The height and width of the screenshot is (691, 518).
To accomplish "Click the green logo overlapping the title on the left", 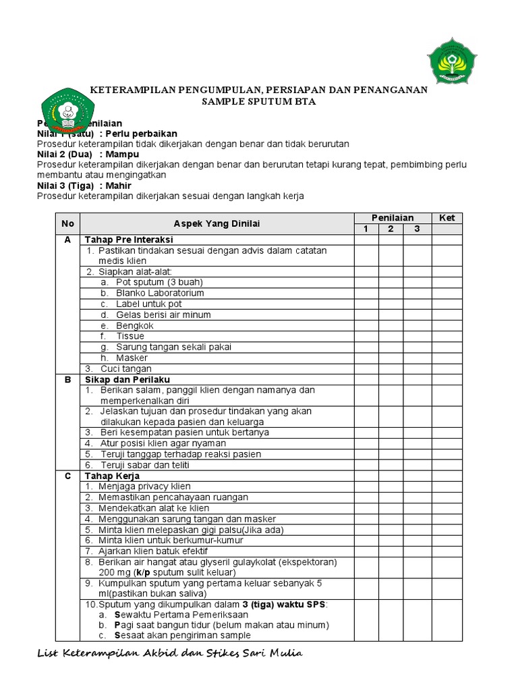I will pyautogui.click(x=68, y=111).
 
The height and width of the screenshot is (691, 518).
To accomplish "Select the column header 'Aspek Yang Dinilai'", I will pyautogui.click(x=217, y=223).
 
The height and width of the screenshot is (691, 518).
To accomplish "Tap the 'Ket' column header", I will pyautogui.click(x=447, y=218).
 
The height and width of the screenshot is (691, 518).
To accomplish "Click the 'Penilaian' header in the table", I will pyautogui.click(x=393, y=218).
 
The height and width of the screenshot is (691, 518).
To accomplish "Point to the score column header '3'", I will pyautogui.click(x=418, y=229).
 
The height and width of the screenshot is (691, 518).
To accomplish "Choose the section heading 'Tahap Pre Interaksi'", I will pyautogui.click(x=128, y=240).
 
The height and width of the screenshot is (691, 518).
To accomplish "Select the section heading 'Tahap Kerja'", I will pyautogui.click(x=112, y=476).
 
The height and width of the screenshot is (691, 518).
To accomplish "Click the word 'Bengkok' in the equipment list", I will pyautogui.click(x=134, y=325).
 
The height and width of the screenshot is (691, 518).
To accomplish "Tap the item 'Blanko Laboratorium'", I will pyautogui.click(x=160, y=293).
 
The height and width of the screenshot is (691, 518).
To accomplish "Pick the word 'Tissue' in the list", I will pyautogui.click(x=130, y=336).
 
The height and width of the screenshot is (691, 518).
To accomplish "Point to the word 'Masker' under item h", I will pyautogui.click(x=132, y=358).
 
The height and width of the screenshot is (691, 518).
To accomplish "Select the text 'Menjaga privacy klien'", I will pyautogui.click(x=144, y=487).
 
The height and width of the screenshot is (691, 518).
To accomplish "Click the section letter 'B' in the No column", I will pyautogui.click(x=67, y=379).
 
